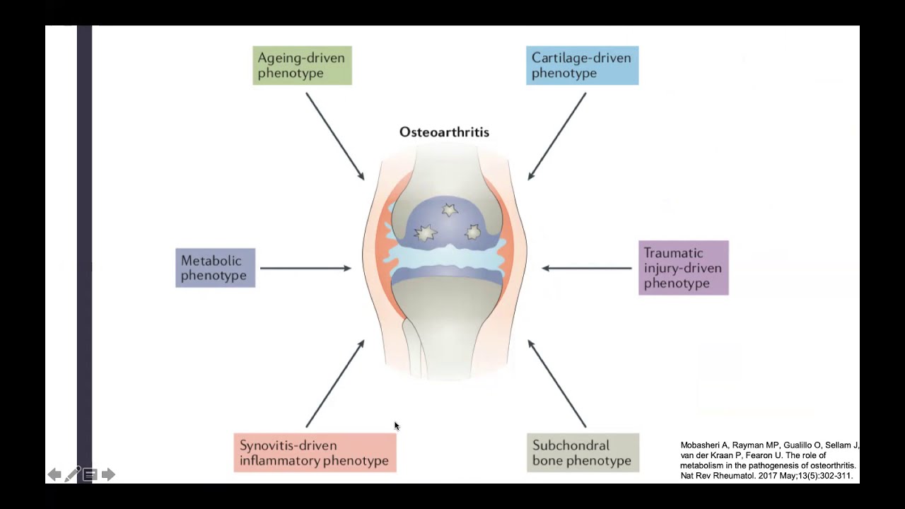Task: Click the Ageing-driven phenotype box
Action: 302,66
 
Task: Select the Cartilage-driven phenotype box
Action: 582,66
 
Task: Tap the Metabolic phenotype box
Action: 215,268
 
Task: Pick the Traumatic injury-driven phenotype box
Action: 683,268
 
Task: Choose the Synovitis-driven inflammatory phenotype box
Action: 315,453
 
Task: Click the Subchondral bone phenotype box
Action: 583,453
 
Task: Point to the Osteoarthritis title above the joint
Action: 444,132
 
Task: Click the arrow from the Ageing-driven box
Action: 335,136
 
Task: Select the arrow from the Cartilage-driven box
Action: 557,136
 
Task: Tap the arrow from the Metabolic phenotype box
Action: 305,268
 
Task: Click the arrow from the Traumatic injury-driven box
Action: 587,268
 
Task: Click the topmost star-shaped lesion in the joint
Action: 449,210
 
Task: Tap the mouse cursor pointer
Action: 397,426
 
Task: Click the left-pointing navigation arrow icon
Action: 54,474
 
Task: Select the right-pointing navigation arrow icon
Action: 108,474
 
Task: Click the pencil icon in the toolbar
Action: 72,474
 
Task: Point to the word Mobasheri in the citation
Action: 704,445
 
